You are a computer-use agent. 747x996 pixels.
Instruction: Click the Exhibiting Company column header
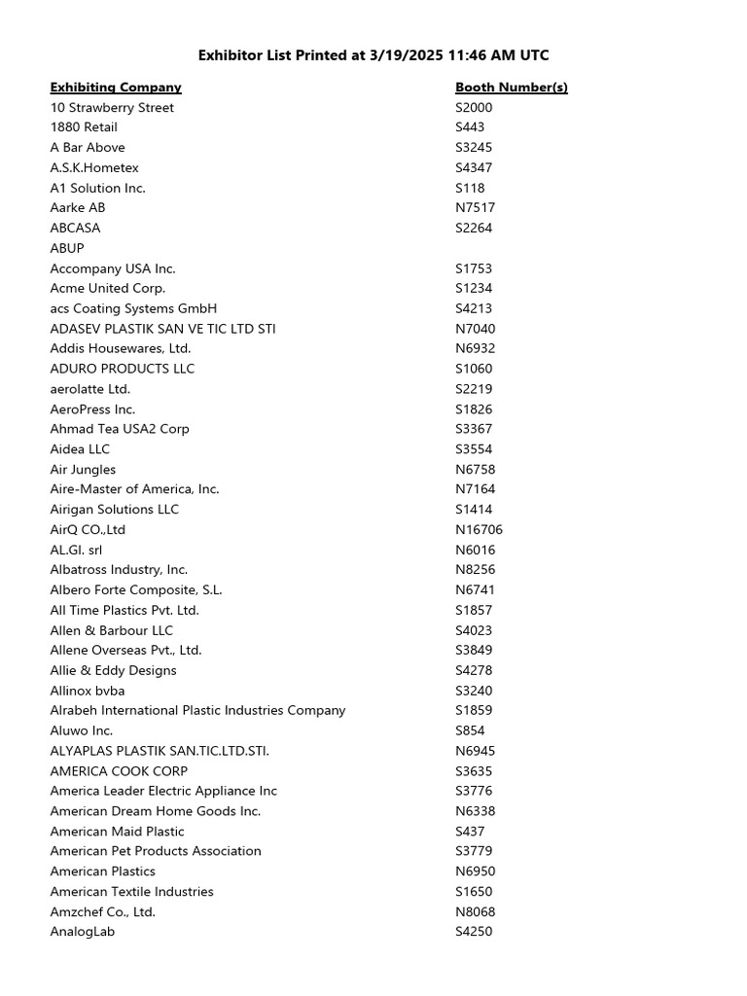pos(116,88)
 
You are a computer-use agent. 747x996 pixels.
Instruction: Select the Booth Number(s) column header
pos(511,88)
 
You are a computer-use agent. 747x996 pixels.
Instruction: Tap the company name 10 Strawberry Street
pos(112,108)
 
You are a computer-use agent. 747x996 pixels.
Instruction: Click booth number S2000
pos(474,108)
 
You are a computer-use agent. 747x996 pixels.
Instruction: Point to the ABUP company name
pos(67,248)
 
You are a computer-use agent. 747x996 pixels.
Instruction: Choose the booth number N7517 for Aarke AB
pos(475,208)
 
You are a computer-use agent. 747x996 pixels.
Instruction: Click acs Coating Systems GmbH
pos(133,308)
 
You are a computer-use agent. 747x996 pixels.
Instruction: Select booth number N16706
pos(479,530)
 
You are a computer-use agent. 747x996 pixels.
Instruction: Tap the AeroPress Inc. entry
pos(92,409)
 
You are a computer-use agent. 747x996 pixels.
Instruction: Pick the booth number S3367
pos(474,429)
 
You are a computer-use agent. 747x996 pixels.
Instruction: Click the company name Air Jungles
pos(83,470)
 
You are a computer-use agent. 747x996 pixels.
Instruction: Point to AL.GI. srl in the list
pos(76,551)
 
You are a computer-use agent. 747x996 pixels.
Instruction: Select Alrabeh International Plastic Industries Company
pos(197,711)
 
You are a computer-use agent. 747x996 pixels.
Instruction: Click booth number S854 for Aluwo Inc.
pos(470,731)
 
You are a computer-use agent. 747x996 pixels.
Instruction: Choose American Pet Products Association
pos(156,851)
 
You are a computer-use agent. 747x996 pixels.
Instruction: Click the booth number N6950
pos(475,871)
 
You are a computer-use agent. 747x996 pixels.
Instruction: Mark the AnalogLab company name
pos(83,932)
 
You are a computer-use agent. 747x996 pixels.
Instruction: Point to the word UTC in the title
pos(533,55)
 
